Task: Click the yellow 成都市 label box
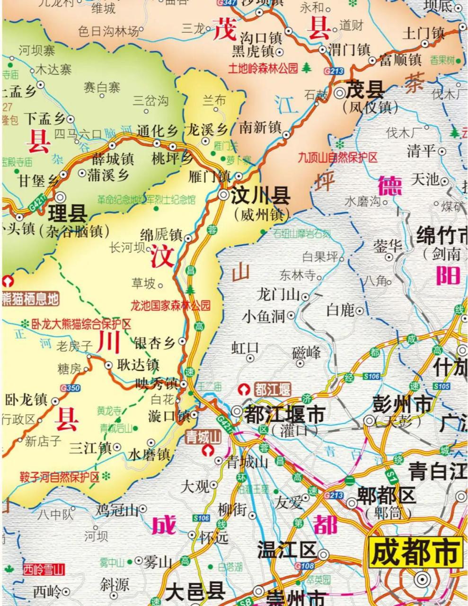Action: pyautogui.click(x=415, y=553)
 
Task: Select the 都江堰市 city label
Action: pyautogui.click(x=284, y=415)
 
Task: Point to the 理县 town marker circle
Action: pyautogui.click(x=61, y=196)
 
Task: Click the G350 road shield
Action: pyautogui.click(x=70, y=388)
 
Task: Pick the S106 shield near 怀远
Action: pyautogui.click(x=201, y=518)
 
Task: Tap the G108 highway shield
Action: pyautogui.click(x=304, y=566)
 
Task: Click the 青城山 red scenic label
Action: pyautogui.click(x=203, y=436)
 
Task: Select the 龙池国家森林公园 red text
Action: pyautogui.click(x=170, y=305)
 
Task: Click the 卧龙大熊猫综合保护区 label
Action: pyautogui.click(x=81, y=324)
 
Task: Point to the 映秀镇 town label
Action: pyautogui.click(x=156, y=383)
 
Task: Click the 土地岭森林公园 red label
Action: pyautogui.click(x=264, y=68)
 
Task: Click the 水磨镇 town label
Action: pyautogui.click(x=149, y=454)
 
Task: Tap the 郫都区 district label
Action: pyautogui.click(x=387, y=496)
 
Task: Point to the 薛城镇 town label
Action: pyautogui.click(x=113, y=159)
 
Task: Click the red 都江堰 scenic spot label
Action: pyautogui.click(x=272, y=390)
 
